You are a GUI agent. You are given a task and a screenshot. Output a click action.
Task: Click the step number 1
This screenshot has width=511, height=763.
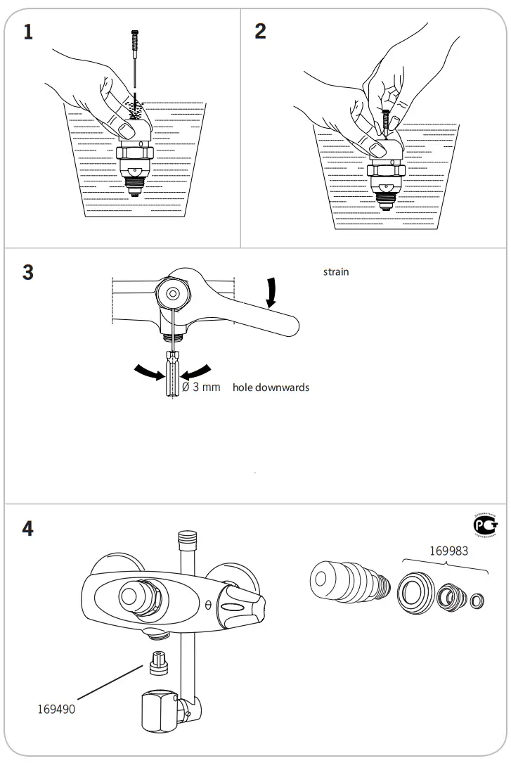coord(28,32)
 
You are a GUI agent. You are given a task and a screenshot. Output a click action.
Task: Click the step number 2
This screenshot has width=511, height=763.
coord(261,32)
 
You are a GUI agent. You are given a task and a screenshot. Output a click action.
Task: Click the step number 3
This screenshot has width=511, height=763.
coord(28,272)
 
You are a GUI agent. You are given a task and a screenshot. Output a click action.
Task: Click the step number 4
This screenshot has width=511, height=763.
coord(28,529)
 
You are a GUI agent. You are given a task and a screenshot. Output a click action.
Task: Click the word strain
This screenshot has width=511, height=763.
coord(335,272)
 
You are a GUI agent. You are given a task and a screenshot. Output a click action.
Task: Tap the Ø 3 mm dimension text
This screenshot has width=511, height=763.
coord(201,387)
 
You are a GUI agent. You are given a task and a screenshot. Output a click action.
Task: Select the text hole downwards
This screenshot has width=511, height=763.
coord(271,387)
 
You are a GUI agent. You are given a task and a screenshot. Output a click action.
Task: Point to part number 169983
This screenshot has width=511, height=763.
coord(448,551)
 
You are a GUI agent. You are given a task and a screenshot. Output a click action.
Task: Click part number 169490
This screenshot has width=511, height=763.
coord(56,709)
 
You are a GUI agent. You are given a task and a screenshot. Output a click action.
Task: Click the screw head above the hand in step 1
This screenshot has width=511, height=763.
coord(134,32)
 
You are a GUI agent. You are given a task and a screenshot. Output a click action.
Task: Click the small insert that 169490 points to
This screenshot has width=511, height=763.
coord(159,662)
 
